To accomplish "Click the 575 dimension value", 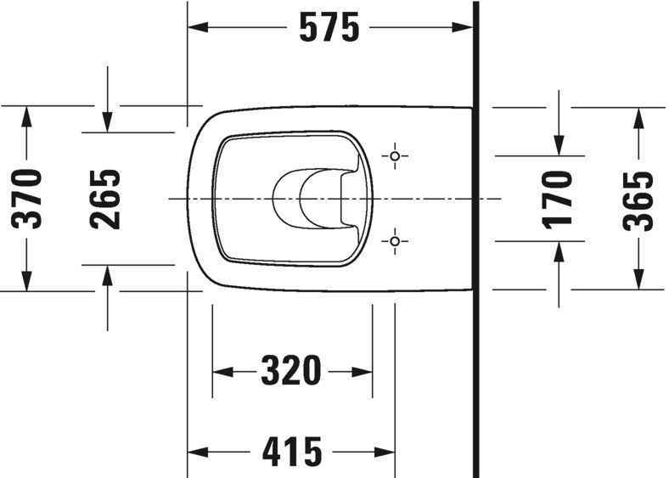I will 329,29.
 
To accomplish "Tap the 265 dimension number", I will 106,199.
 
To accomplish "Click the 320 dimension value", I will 291,371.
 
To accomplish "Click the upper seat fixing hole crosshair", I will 395,156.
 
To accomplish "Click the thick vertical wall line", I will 475,255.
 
